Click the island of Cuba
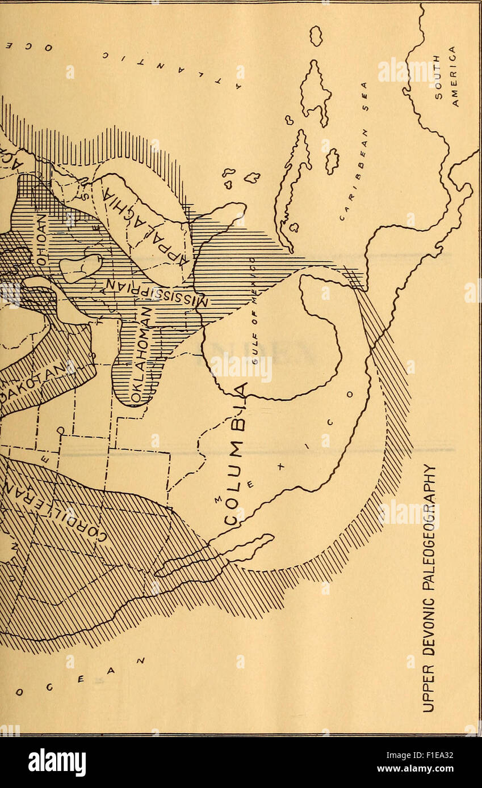pyautogui.click(x=292, y=187)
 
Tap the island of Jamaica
pyautogui.click(x=332, y=161)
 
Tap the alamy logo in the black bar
pyautogui.click(x=57, y=762)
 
